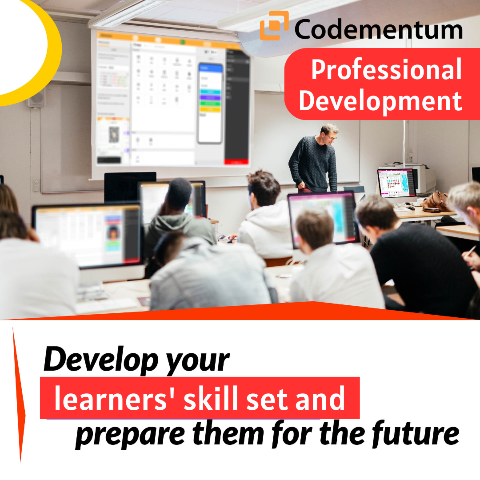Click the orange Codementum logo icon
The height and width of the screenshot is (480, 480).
(x=274, y=25)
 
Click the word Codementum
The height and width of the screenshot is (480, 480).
(x=378, y=29)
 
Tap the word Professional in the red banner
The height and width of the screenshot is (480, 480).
(x=387, y=69)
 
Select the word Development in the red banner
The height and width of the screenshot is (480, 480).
(x=380, y=101)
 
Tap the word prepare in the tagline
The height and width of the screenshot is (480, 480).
(x=130, y=435)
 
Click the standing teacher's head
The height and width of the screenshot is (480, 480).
(x=329, y=134)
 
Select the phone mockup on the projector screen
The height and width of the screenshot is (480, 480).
(x=210, y=103)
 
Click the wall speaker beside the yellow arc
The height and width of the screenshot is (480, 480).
(x=37, y=97)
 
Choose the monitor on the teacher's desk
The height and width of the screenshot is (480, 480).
(x=397, y=183)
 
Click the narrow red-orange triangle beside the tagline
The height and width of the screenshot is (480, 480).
(x=18, y=395)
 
